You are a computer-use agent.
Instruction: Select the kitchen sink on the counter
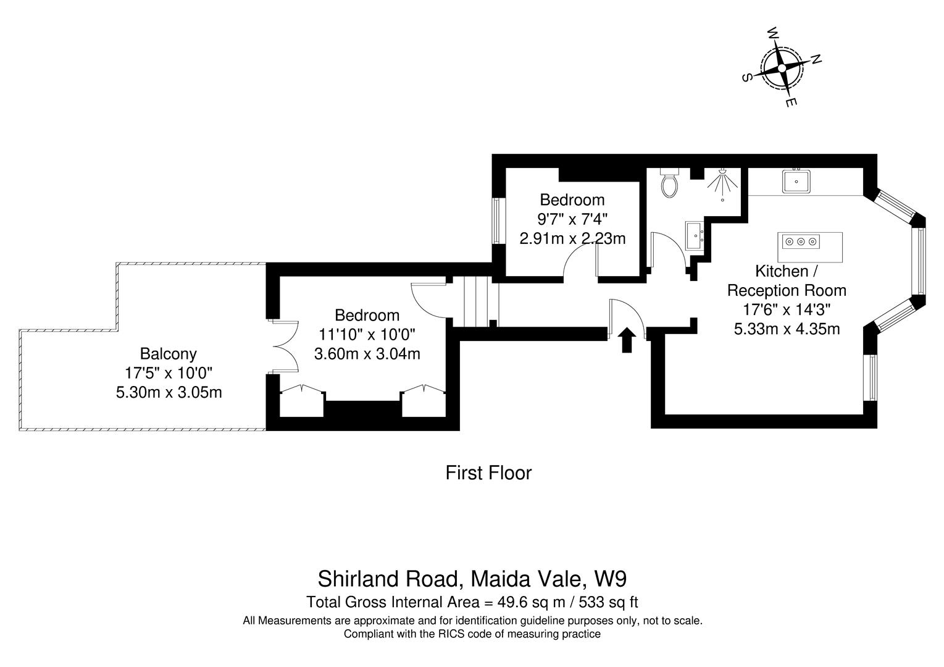tap(796, 181)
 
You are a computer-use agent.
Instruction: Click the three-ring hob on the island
tap(801, 241)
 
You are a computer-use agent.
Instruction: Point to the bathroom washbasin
tap(695, 236)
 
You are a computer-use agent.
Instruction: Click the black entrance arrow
tap(627, 340)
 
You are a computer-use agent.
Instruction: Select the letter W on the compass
tap(773, 33)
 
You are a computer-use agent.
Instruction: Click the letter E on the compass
tap(791, 102)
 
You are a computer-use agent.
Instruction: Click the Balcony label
tap(168, 354)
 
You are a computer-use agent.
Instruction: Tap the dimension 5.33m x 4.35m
tap(787, 329)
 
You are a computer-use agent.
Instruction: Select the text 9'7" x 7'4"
tap(572, 219)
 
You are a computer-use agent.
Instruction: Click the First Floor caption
tap(488, 472)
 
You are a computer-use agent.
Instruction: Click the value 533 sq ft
tap(608, 602)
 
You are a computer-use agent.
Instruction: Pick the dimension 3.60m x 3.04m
tap(367, 354)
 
